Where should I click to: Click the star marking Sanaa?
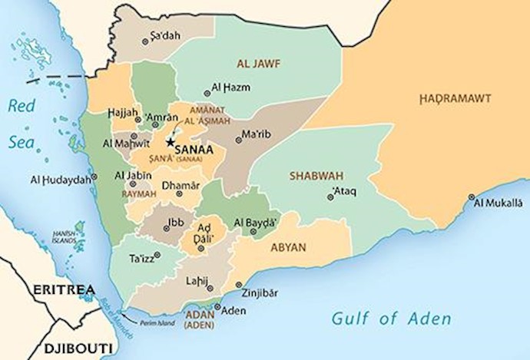coord(170,143)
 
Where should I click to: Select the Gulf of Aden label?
coord(391,318)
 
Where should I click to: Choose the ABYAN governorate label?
coord(288,247)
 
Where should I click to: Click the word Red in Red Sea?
coord(22,107)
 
